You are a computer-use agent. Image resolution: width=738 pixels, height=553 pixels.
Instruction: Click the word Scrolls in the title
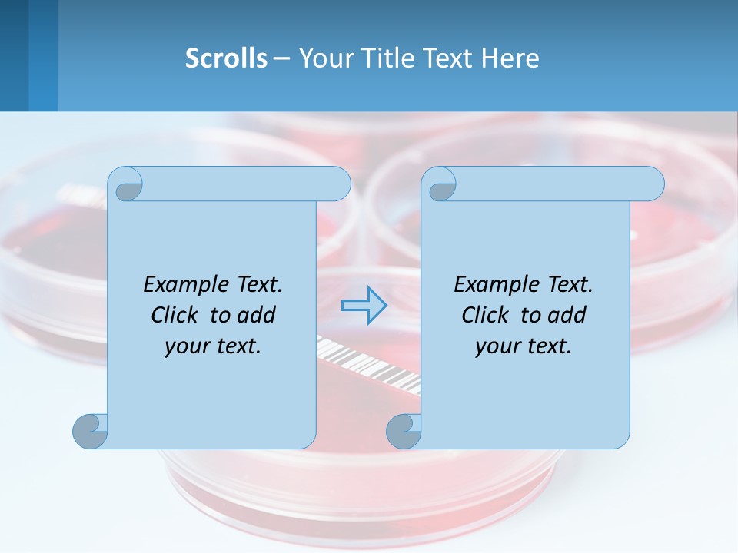click(x=226, y=58)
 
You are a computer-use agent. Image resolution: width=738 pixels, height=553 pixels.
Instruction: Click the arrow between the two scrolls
click(x=364, y=306)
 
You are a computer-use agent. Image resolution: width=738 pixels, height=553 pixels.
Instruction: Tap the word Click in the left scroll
click(x=175, y=316)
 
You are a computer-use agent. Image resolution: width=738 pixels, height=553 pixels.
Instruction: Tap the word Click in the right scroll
click(x=485, y=316)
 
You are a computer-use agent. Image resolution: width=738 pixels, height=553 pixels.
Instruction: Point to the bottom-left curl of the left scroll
click(x=90, y=431)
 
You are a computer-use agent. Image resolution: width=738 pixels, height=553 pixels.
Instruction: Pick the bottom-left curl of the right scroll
click(x=404, y=431)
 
